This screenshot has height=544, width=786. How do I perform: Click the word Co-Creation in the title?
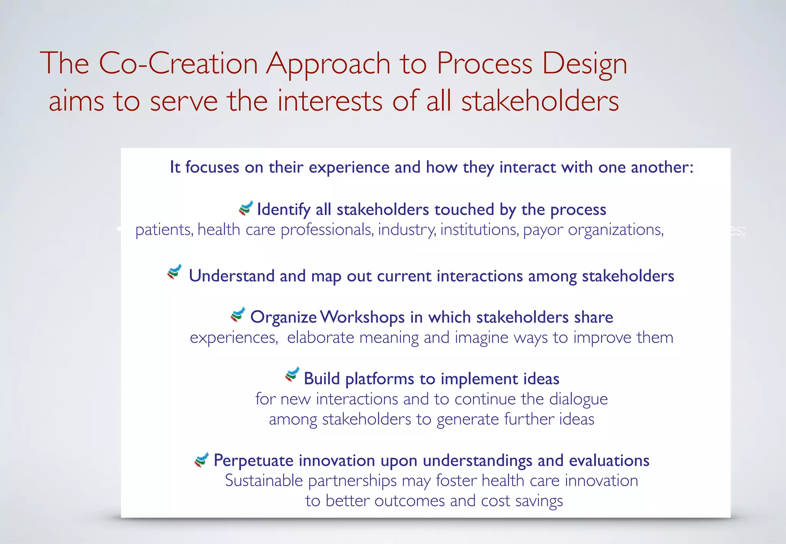point(178,63)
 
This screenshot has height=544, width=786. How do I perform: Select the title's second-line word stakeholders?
point(540,101)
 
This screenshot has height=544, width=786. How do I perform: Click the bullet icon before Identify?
point(246,208)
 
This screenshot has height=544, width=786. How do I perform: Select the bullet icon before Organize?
point(238,315)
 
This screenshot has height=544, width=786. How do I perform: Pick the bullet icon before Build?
point(292,375)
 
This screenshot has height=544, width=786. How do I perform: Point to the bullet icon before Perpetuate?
point(201,459)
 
